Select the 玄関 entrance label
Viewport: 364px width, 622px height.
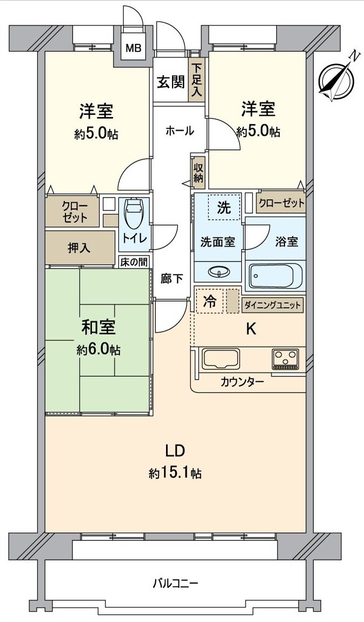pyautogui.click(x=170, y=82)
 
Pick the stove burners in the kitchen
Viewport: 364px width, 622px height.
pyautogui.click(x=286, y=358)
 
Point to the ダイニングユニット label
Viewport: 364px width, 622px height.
pyautogui.click(x=273, y=305)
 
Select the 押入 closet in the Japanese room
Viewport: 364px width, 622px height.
pyautogui.click(x=80, y=248)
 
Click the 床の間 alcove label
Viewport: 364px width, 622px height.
pyautogui.click(x=134, y=262)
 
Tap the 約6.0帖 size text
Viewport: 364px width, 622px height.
pyautogui.click(x=98, y=350)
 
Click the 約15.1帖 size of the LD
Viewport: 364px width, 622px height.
pyautogui.click(x=175, y=474)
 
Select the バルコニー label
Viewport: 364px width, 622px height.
pyautogui.click(x=175, y=584)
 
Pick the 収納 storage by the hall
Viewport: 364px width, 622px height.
pyautogui.click(x=198, y=172)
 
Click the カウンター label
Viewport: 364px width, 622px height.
pyautogui.click(x=242, y=382)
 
